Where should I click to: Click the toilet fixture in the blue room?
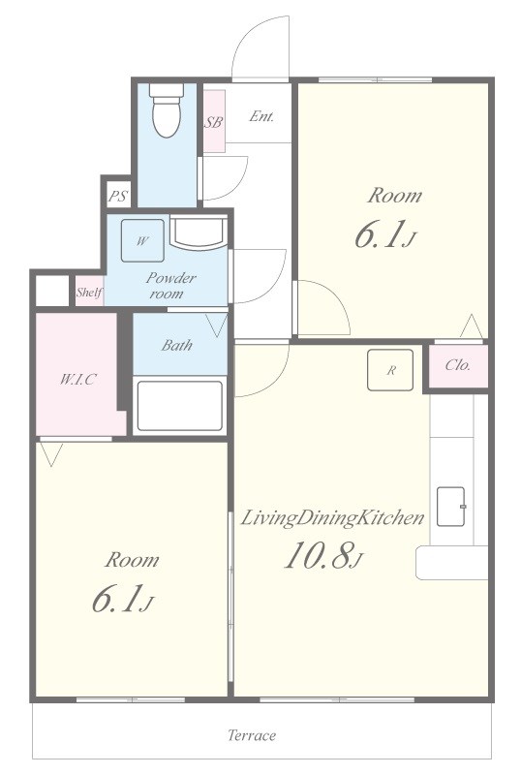[x=167, y=109]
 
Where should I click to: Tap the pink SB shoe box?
[x=214, y=121]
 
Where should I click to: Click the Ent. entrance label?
[x=261, y=116]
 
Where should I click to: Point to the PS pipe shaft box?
[x=118, y=197]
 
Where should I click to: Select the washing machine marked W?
[x=143, y=240]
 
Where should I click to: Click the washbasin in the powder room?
[x=199, y=232]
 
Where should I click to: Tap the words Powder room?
[x=170, y=286]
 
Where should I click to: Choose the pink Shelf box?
[x=89, y=292]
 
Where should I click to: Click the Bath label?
[x=176, y=345]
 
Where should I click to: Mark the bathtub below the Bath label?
[x=180, y=406]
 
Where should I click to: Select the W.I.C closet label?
[x=77, y=379]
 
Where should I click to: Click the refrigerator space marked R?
[x=390, y=370]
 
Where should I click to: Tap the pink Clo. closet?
[x=458, y=366]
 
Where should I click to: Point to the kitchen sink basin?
[x=451, y=507]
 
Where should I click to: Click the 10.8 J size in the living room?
[x=323, y=554]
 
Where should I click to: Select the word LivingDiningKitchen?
[x=332, y=518]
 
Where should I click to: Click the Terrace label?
[x=252, y=735]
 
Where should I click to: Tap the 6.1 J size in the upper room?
[x=386, y=234]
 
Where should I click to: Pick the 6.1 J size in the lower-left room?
[x=123, y=599]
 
